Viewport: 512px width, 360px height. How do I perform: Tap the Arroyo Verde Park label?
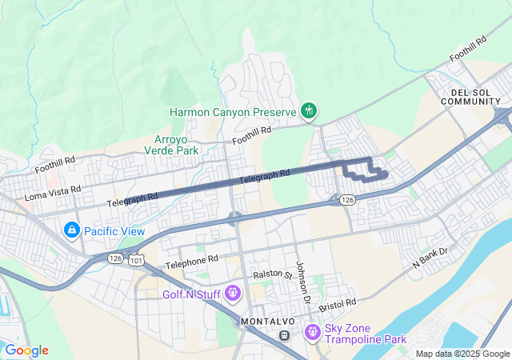pos(175,144)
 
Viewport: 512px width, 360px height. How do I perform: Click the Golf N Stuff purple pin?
pos(233,293)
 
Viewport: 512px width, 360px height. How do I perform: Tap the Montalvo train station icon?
pos(283,334)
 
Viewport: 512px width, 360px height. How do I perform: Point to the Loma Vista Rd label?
pos(54,193)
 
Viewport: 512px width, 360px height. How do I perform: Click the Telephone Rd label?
pos(192,261)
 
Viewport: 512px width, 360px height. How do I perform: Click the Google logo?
pos(26,350)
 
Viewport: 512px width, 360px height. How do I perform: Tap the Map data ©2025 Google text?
pos(462,354)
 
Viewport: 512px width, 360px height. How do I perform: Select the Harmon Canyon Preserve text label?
pos(234,111)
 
